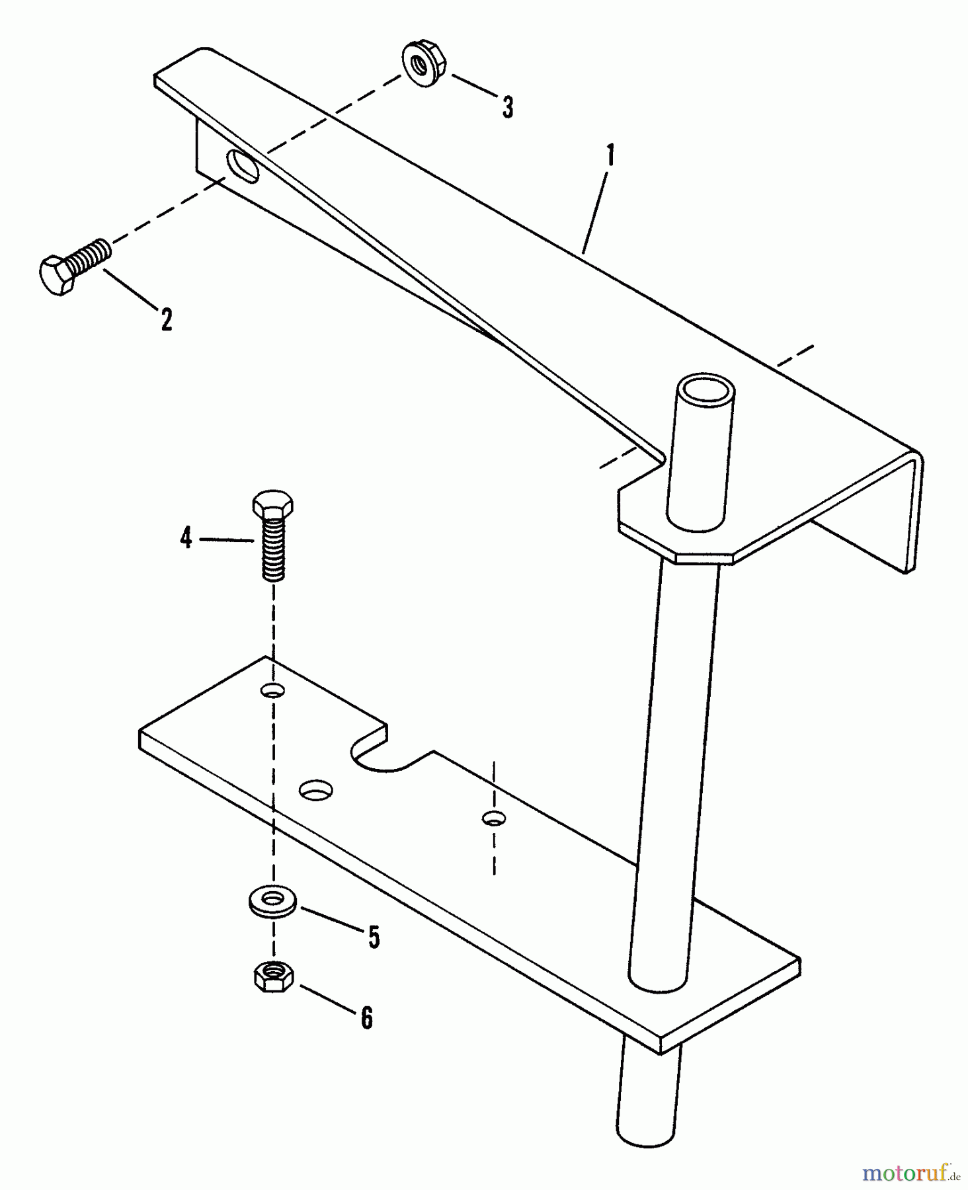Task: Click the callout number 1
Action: pyautogui.click(x=610, y=157)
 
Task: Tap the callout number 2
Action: pyautogui.click(x=167, y=319)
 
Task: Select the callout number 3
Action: pyautogui.click(x=507, y=107)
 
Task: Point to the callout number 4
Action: pyautogui.click(x=186, y=538)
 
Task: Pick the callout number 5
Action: pyautogui.click(x=374, y=937)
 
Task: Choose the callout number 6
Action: pyautogui.click(x=366, y=1018)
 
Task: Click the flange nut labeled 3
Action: pyautogui.click(x=423, y=65)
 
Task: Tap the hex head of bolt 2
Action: pyautogui.click(x=57, y=276)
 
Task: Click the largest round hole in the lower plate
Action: pyautogui.click(x=316, y=789)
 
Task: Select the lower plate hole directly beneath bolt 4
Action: pyautogui.click(x=272, y=691)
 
